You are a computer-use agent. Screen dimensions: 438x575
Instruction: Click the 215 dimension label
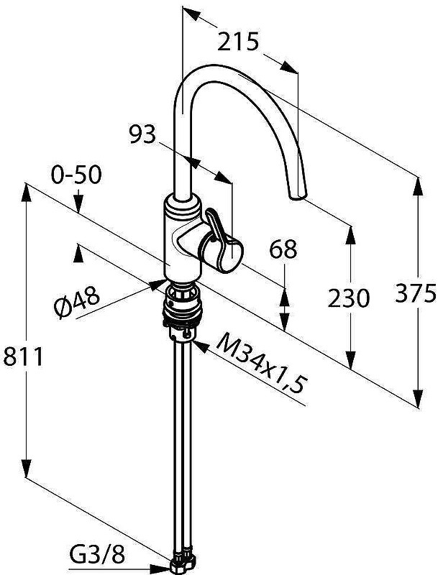tap(238, 42)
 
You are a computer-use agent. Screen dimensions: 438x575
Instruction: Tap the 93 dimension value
tap(142, 134)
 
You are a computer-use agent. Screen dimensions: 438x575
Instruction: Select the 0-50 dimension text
tap(76, 175)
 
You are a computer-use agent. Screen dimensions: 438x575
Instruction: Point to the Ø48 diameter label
tap(76, 301)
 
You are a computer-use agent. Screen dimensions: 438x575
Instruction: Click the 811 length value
tap(23, 356)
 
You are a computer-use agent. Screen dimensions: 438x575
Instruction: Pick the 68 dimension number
tap(283, 249)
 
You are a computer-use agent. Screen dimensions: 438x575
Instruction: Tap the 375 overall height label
tap(415, 293)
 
